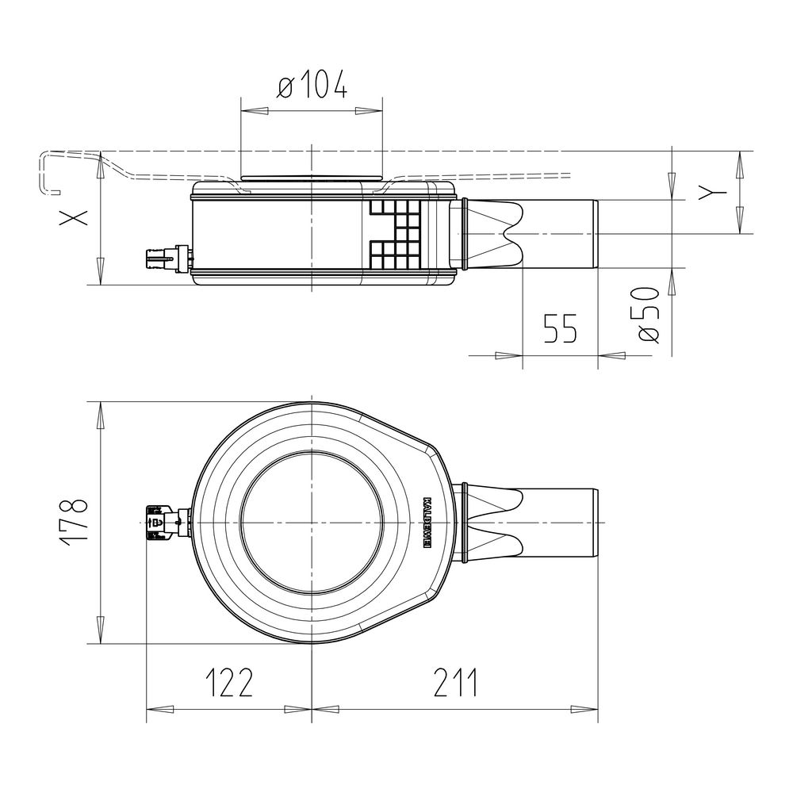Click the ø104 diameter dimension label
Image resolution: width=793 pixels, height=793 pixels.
click(x=312, y=85)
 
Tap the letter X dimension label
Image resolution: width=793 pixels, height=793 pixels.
click(x=74, y=217)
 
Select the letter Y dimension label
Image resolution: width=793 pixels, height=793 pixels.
click(x=712, y=192)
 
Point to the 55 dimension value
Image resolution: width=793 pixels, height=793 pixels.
click(x=560, y=328)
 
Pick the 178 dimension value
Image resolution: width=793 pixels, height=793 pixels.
click(x=74, y=523)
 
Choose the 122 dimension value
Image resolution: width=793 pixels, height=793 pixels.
click(x=228, y=682)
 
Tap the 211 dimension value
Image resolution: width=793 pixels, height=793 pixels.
click(x=454, y=682)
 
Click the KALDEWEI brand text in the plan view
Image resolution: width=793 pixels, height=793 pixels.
click(x=427, y=522)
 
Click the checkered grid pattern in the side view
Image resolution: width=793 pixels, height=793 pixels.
click(x=396, y=234)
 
